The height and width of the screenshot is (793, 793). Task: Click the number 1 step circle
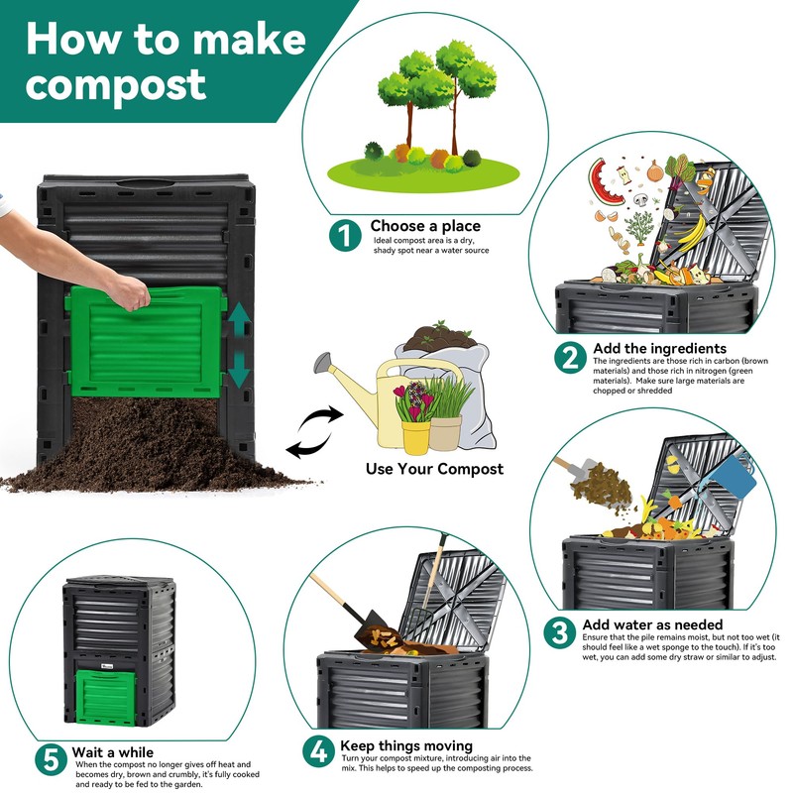point(345,235)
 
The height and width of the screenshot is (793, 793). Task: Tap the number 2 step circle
point(570,358)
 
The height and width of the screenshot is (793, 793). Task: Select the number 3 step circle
point(559,632)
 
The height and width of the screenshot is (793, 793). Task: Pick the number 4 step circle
point(318,751)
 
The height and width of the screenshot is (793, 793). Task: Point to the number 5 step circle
point(52,759)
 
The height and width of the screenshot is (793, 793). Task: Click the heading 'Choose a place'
point(425,226)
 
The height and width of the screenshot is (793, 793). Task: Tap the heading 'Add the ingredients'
point(659,349)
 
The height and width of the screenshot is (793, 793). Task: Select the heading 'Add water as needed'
point(652,624)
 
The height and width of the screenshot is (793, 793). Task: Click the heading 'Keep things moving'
point(406,745)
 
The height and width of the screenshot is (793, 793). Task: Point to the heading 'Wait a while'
point(113,752)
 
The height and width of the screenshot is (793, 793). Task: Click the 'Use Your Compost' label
point(434,469)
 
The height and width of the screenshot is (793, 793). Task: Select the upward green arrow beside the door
point(239,319)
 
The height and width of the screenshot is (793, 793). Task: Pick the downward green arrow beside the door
point(239,370)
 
